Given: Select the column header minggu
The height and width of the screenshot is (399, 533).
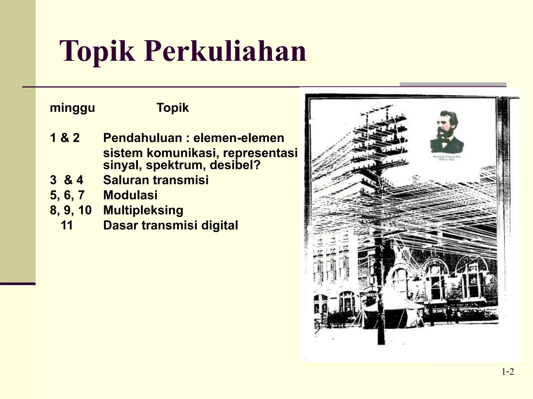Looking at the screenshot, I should pos(72,108).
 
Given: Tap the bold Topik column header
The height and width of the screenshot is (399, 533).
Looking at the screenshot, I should pos(173,108).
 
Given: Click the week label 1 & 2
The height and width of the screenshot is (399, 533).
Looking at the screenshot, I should pos(65,138).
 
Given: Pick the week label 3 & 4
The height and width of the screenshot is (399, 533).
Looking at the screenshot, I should pos(67,180).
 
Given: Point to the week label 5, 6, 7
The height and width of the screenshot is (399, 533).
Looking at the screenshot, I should pos(67,195).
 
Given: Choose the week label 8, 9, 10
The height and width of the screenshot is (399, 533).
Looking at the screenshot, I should pos(71,210).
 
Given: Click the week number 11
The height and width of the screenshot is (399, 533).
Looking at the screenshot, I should pos(67,225).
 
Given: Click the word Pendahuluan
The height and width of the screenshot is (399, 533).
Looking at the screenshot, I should pos(142,138).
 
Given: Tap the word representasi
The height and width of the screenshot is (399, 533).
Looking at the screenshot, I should pos(260,153).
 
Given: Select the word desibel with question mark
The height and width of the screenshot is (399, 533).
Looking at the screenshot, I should pos(235,165).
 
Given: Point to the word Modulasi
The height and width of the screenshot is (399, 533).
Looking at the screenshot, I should pos(130,195).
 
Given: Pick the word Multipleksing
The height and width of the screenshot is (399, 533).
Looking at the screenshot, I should pos(143,210).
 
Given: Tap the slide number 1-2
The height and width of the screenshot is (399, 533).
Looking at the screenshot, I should pos(508,372).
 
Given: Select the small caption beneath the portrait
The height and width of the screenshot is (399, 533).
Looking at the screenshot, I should pos(447,158).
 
